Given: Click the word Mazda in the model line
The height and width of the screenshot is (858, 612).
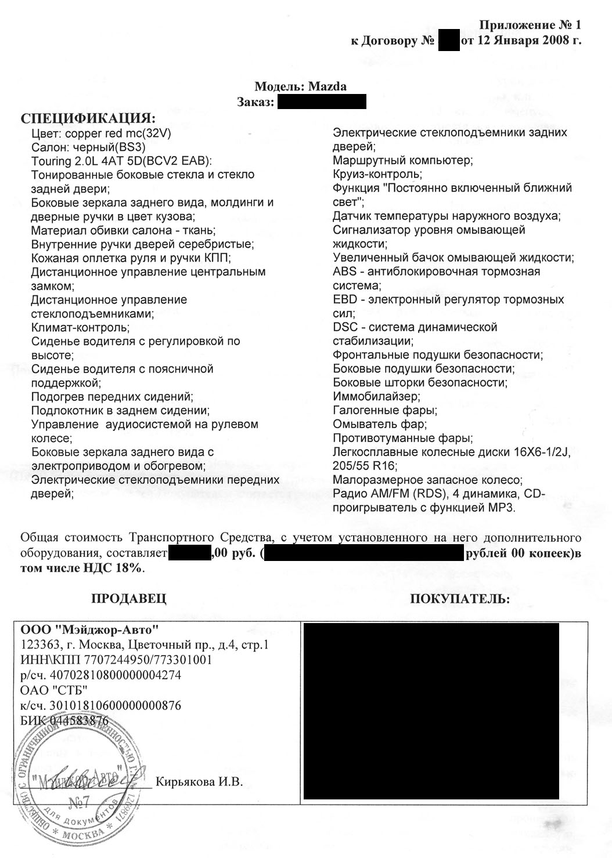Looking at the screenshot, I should pos(327,86).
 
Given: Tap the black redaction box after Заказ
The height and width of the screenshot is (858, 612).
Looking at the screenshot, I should pos(322,102).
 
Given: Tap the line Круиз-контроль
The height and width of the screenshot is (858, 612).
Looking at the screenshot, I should pos(377,174).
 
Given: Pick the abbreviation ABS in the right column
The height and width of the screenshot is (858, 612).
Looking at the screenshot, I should pos(344,271).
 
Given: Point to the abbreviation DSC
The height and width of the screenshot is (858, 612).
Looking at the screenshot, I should pos(345,327).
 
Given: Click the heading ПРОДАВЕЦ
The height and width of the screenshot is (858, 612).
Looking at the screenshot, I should pos(129,599).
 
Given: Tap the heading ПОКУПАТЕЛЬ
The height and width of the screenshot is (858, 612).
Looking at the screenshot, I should pos(460,599).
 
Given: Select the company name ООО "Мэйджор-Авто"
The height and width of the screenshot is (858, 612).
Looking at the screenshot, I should pos(89,629).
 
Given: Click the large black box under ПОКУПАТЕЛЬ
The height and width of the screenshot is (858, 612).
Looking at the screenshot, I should pos(430,711).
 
